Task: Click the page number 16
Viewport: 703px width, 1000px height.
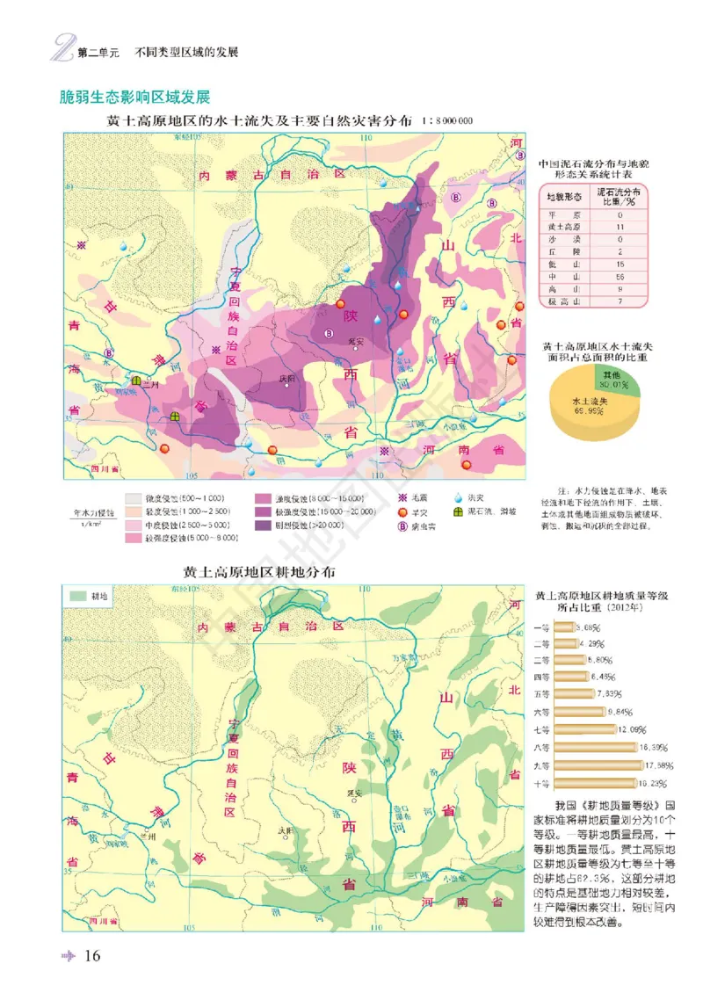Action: [94, 956]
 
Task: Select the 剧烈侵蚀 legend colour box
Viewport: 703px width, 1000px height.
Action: [261, 525]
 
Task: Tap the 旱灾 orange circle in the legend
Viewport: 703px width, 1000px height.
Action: [402, 511]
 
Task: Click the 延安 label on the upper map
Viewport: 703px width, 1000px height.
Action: [355, 341]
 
